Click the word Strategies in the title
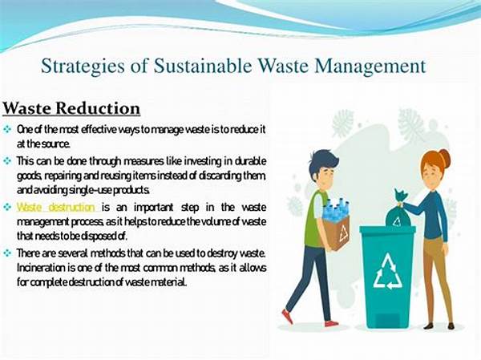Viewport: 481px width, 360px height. (x=83, y=67)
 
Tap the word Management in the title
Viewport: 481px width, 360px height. (x=370, y=67)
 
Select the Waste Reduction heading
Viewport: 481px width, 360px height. (x=71, y=108)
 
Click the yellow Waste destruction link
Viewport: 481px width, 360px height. (x=56, y=207)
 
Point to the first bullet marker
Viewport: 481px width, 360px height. (x=7, y=130)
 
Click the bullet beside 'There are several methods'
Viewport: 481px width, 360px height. (x=7, y=253)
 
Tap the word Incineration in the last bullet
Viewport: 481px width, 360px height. (x=41, y=268)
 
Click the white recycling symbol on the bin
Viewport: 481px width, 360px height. (x=387, y=272)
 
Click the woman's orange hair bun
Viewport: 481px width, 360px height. (x=444, y=158)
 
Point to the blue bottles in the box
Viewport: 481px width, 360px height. (x=336, y=209)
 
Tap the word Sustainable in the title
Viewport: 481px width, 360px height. (x=203, y=66)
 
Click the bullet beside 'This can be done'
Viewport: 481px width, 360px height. (x=7, y=161)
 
